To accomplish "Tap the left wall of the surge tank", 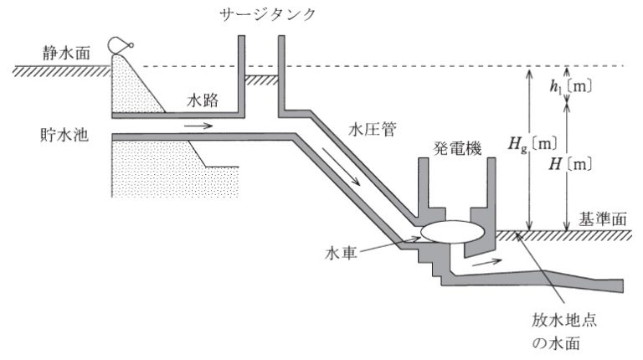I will (240, 75).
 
